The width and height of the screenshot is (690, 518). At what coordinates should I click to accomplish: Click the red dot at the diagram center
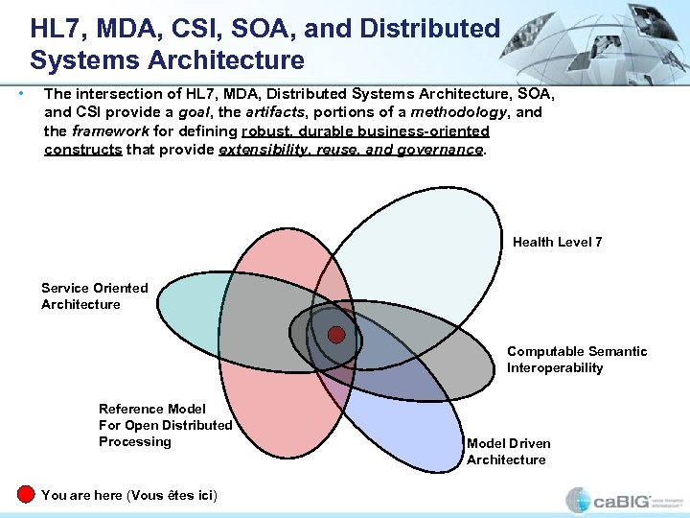(x=336, y=335)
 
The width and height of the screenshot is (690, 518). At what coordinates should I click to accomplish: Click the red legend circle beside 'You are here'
(x=26, y=494)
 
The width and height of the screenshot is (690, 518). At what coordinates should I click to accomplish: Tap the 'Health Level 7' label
(x=557, y=242)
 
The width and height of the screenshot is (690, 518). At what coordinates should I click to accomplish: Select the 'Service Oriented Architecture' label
(x=94, y=295)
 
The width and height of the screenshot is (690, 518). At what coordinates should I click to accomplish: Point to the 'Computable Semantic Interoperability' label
(x=576, y=360)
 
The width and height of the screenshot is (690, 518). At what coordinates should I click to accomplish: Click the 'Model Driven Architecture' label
(x=508, y=451)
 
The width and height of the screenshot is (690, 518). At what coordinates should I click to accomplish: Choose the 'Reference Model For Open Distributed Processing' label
(x=165, y=425)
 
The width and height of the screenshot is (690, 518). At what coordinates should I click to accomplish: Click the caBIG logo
(x=622, y=500)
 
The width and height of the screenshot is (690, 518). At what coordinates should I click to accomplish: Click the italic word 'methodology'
(x=456, y=112)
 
